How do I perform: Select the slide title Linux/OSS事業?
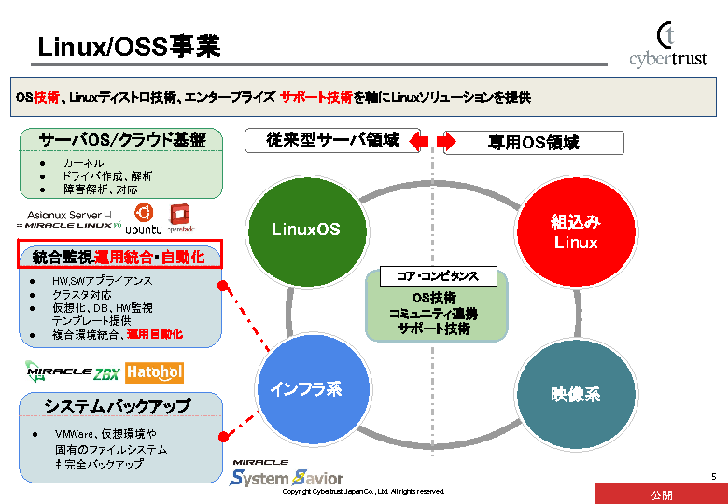point(129,47)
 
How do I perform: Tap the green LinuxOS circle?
point(305,230)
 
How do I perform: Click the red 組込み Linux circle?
point(575,231)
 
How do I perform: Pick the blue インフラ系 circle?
point(305,389)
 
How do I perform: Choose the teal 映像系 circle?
point(575,395)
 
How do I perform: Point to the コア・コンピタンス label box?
point(438,276)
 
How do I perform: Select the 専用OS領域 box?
point(533,143)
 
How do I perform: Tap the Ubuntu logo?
point(143,219)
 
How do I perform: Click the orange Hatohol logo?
point(154,372)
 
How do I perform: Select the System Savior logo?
point(287,474)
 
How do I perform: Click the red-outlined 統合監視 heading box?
point(119,255)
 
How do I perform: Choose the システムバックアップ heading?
point(117,406)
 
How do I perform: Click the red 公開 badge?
point(661,495)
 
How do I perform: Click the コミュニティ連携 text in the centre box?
point(433,314)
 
